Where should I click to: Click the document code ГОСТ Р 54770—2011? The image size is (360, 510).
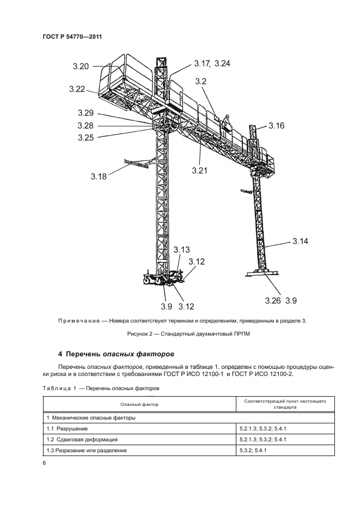pyautogui.click(x=72, y=37)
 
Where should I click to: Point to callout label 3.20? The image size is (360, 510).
pyautogui.click(x=80, y=67)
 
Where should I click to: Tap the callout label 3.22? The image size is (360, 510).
pyautogui.click(x=77, y=89)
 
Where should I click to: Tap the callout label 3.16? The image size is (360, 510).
pyautogui.click(x=277, y=126)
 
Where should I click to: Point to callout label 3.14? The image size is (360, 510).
pyautogui.click(x=300, y=241)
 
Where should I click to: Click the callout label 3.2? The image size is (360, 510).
pyautogui.click(x=201, y=81)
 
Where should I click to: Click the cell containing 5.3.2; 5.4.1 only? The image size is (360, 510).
pyautogui.click(x=256, y=450)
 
